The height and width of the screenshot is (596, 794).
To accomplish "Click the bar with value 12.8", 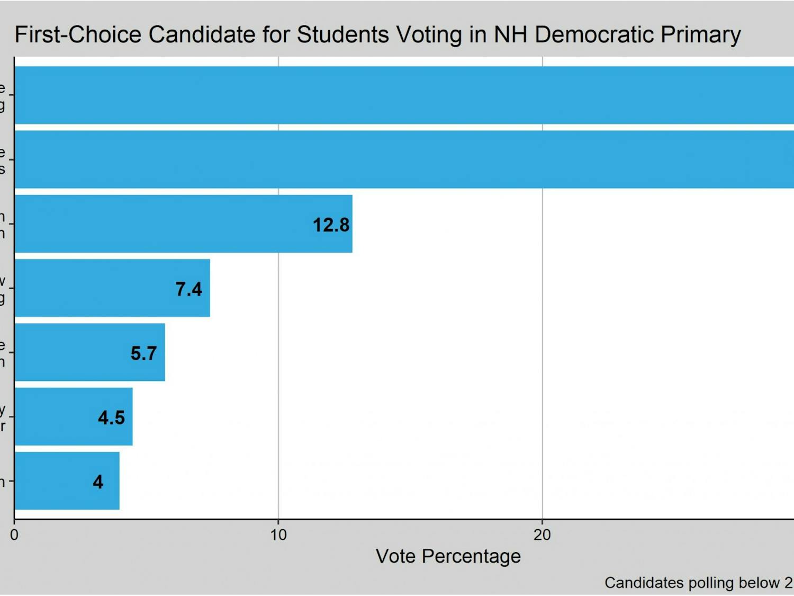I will click(183, 224).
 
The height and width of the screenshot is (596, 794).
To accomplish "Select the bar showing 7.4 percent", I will click(112, 288).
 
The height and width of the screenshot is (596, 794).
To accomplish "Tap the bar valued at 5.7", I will click(89, 352).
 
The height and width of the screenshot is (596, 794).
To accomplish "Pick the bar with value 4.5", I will click(74, 416).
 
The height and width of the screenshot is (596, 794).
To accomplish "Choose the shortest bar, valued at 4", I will click(67, 481).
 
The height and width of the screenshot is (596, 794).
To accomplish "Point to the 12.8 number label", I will click(331, 225).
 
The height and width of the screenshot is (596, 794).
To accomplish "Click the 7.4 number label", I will click(188, 289).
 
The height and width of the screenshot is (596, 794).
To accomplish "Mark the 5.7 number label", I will click(143, 353).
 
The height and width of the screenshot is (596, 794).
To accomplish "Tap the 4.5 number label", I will click(111, 417).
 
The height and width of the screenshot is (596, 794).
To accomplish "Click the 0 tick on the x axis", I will click(14, 535).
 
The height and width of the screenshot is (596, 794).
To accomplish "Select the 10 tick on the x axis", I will click(278, 535).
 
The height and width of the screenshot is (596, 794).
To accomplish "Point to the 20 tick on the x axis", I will click(542, 535).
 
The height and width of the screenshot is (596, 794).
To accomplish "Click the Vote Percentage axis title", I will click(448, 556).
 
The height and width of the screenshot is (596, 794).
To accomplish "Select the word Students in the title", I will click(343, 35).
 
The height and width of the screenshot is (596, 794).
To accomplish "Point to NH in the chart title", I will click(511, 35).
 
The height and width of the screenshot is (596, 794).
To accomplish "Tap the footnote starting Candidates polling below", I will click(698, 583).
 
